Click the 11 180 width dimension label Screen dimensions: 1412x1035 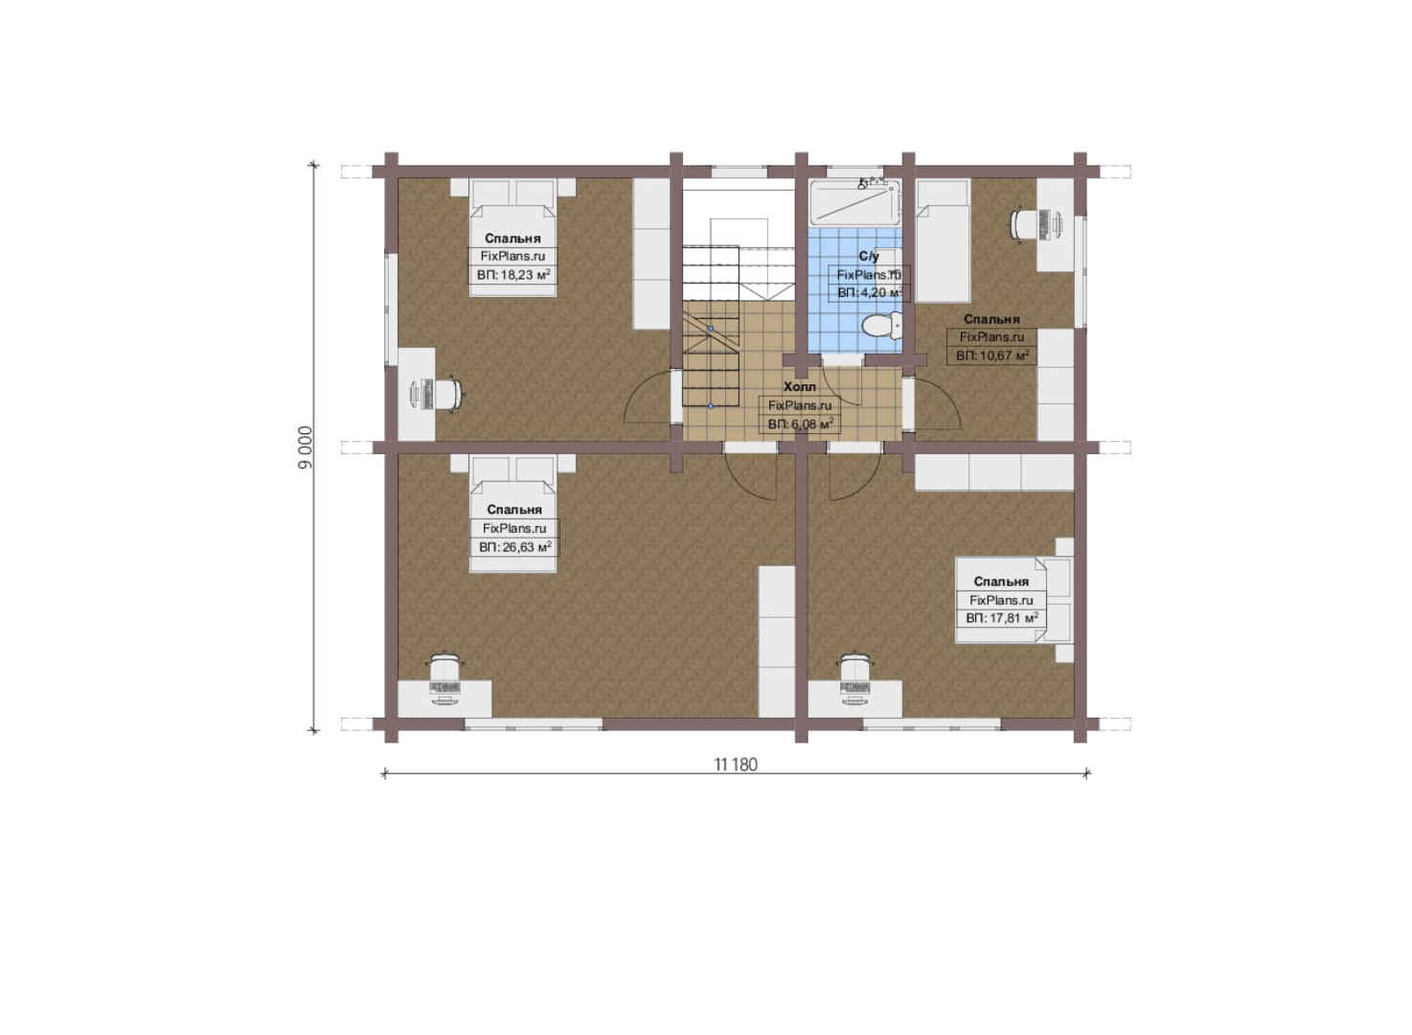click(735, 765)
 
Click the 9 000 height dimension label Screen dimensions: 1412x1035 click(305, 448)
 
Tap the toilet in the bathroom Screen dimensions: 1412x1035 click(881, 326)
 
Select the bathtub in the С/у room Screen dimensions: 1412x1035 click(855, 202)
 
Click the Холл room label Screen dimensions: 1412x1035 click(799, 386)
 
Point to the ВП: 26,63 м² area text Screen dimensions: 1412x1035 click(515, 547)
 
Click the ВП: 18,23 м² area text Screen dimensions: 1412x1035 click(513, 275)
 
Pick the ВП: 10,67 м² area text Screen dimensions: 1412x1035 click(992, 356)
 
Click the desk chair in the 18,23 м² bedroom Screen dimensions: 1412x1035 click(449, 394)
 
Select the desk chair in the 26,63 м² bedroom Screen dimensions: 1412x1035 click(445, 666)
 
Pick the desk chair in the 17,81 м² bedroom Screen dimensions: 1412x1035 click(855, 666)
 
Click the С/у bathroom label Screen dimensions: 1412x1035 click(869, 256)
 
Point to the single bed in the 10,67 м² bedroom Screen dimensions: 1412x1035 click(943, 241)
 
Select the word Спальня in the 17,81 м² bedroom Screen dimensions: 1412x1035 click(1001, 582)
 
